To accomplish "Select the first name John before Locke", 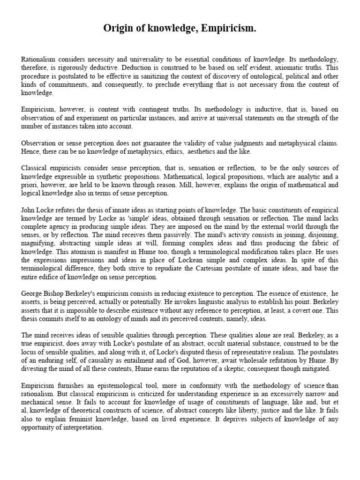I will point(29,210).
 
